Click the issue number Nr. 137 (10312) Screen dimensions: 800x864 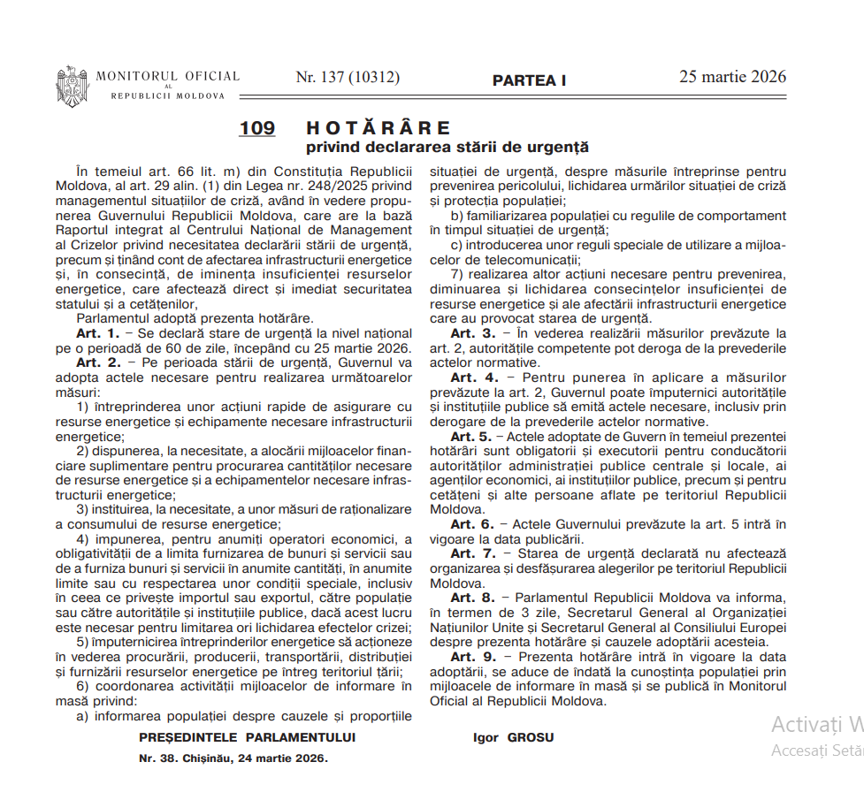[x=348, y=78]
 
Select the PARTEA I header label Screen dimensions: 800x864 [x=529, y=80]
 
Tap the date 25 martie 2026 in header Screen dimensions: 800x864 [x=732, y=77]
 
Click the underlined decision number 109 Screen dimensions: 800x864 [x=256, y=128]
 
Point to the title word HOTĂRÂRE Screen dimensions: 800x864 [x=378, y=128]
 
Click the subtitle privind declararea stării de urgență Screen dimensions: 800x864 [x=447, y=147]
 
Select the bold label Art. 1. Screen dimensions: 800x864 [x=97, y=333]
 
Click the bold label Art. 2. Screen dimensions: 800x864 [x=97, y=362]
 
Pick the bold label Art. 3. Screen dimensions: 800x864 [x=472, y=333]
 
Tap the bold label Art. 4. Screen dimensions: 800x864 [x=472, y=377]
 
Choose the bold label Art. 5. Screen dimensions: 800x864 [x=470, y=437]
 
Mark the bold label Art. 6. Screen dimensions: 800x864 [x=472, y=524]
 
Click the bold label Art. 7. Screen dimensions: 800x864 [x=472, y=553]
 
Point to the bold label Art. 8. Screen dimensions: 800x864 [x=472, y=598]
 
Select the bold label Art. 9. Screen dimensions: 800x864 [x=472, y=657]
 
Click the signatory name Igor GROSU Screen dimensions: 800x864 [x=514, y=737]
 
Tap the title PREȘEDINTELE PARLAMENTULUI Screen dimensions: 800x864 [x=247, y=736]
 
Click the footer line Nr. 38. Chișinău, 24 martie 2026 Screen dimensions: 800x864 [x=233, y=758]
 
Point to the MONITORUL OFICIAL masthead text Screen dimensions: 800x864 [x=167, y=77]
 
